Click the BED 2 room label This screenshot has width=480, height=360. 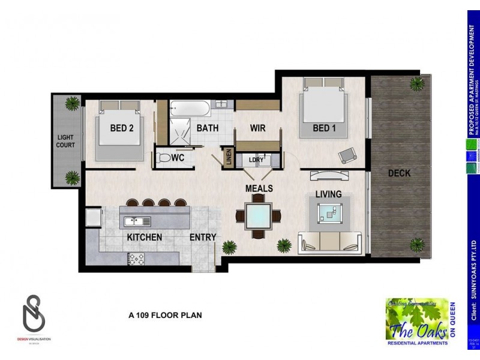(x=125, y=128)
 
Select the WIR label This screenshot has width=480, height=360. (x=257, y=128)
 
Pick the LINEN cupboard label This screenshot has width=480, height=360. (x=228, y=159)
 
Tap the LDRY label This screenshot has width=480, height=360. (x=256, y=160)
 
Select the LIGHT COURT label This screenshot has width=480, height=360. (x=65, y=142)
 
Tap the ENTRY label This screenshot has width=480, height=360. (x=203, y=238)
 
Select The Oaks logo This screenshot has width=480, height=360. (x=416, y=322)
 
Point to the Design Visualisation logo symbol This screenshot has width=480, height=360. (x=33, y=311)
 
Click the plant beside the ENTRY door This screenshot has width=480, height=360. (x=229, y=247)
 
